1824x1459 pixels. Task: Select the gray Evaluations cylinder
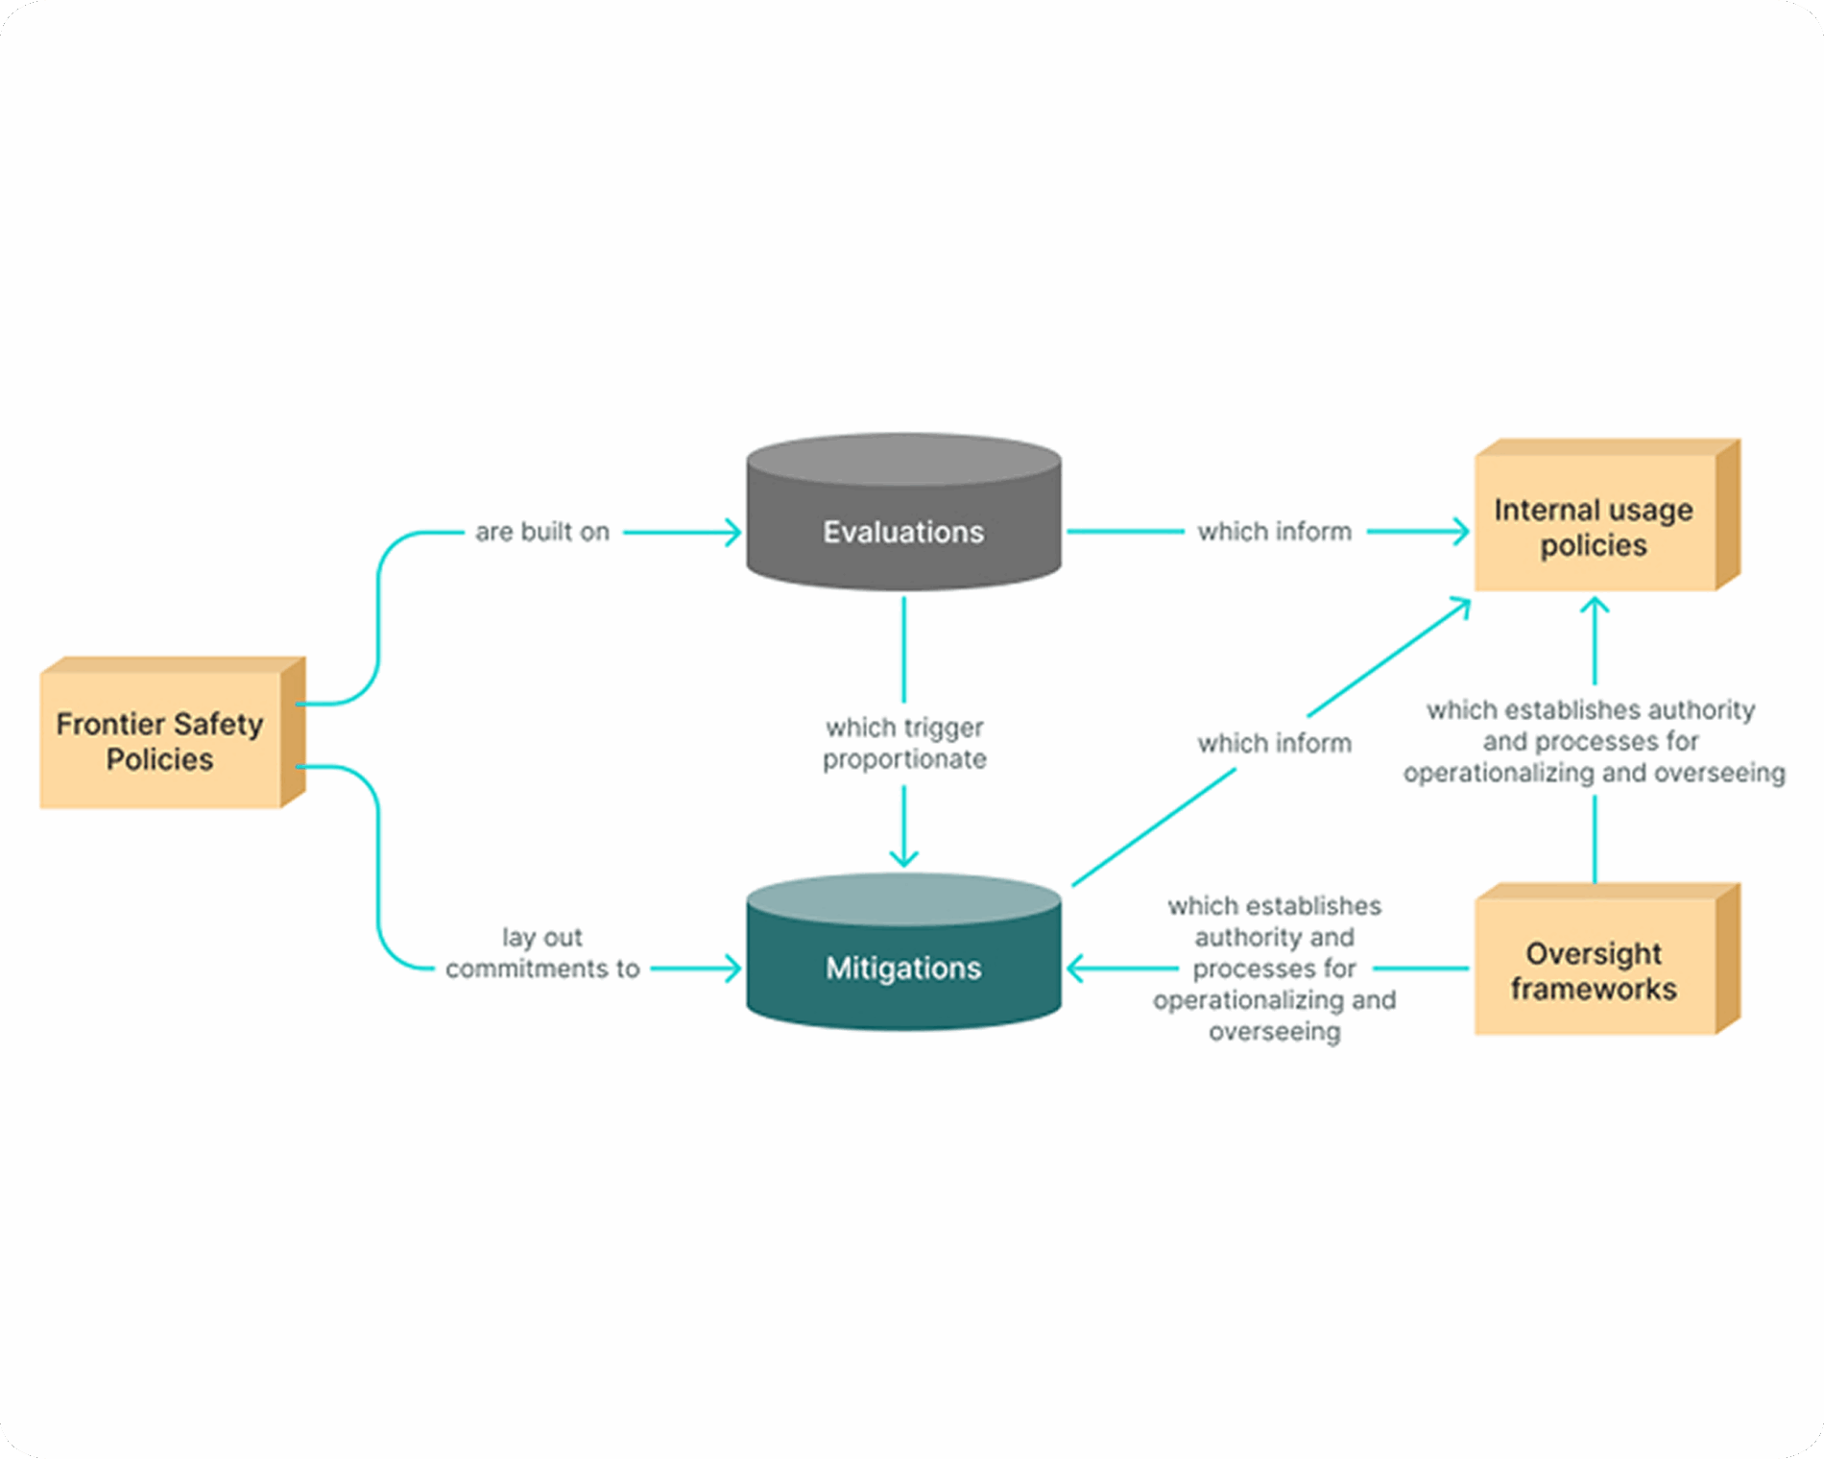903,531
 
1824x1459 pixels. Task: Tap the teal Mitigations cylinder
903,968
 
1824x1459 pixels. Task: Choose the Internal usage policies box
1594,526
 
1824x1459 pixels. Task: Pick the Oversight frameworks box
1594,969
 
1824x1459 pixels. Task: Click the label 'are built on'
542,532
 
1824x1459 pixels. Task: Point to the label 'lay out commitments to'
542,952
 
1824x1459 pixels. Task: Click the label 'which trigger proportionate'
904,743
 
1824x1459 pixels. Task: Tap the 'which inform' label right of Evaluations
1274,532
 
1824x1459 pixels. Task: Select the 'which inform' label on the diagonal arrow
1274,743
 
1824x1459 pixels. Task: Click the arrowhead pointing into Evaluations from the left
733,532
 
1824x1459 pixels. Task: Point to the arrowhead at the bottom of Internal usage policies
1595,606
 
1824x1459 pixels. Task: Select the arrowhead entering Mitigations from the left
733,969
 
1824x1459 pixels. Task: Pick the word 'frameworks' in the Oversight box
1594,989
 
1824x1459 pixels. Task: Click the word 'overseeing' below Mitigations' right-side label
1274,1032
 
